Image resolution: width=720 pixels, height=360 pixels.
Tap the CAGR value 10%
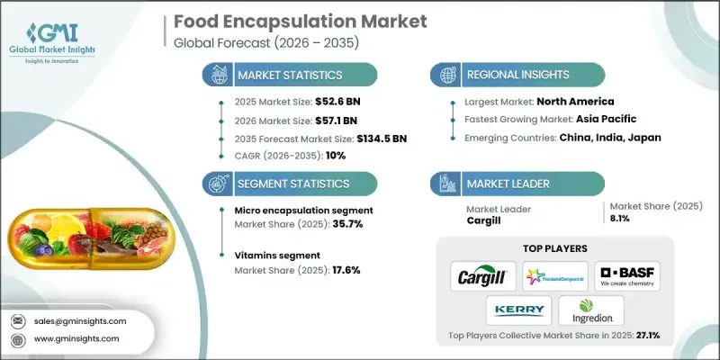333,155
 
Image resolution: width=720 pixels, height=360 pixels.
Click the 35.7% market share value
348,224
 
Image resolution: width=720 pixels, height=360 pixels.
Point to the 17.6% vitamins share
348,269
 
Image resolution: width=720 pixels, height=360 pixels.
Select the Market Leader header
508,184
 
